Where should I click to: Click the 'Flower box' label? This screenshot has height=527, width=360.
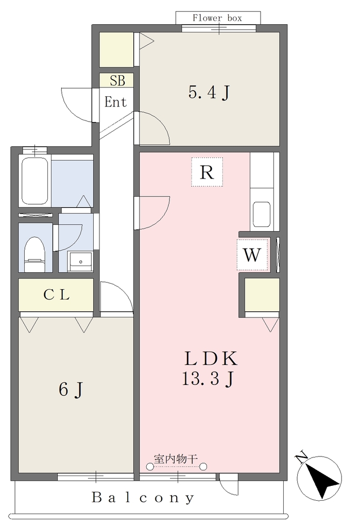pos(217,18)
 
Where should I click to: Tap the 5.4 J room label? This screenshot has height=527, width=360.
pos(209,93)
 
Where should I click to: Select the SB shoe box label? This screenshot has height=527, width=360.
pos(117,81)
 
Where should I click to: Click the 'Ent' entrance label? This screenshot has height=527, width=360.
pos(115,102)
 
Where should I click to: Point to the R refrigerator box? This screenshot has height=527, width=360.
pos(207,172)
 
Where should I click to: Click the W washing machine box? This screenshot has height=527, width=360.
pos(252,255)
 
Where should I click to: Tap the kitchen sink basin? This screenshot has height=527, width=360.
pos(262,214)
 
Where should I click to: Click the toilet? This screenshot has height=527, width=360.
pos(35,254)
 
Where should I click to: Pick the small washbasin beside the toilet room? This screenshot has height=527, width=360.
pos(80,261)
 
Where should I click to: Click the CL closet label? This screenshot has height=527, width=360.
pos(57,295)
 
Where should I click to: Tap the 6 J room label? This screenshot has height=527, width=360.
pos(71,390)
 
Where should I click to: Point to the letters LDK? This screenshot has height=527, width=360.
pos(211,358)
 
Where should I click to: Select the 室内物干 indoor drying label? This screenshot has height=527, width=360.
pos(176,459)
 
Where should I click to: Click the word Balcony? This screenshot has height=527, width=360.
pos(143,498)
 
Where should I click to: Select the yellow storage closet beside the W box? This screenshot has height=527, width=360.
pos(262,294)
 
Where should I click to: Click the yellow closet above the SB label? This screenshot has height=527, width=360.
pos(116,49)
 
